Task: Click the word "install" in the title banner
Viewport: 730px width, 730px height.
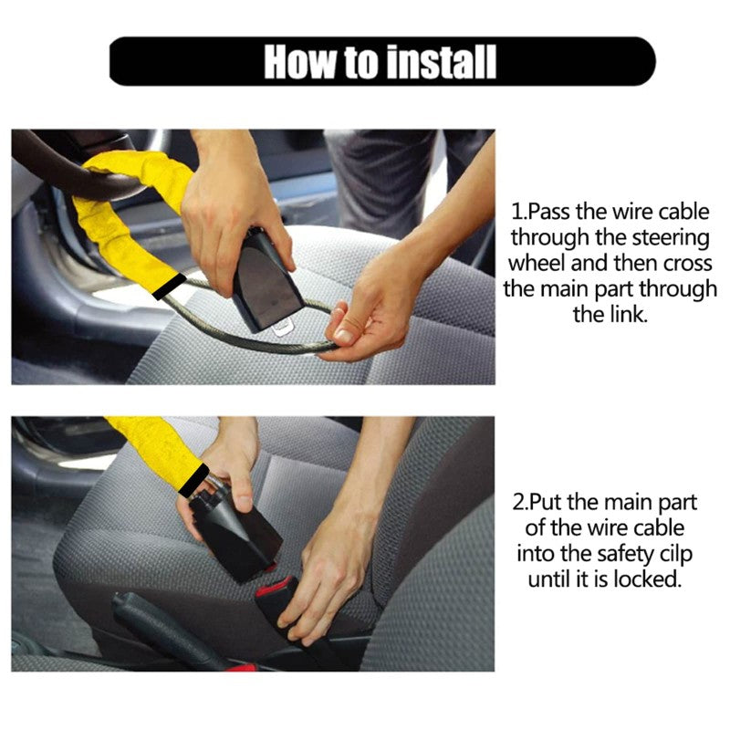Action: pos(440,61)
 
